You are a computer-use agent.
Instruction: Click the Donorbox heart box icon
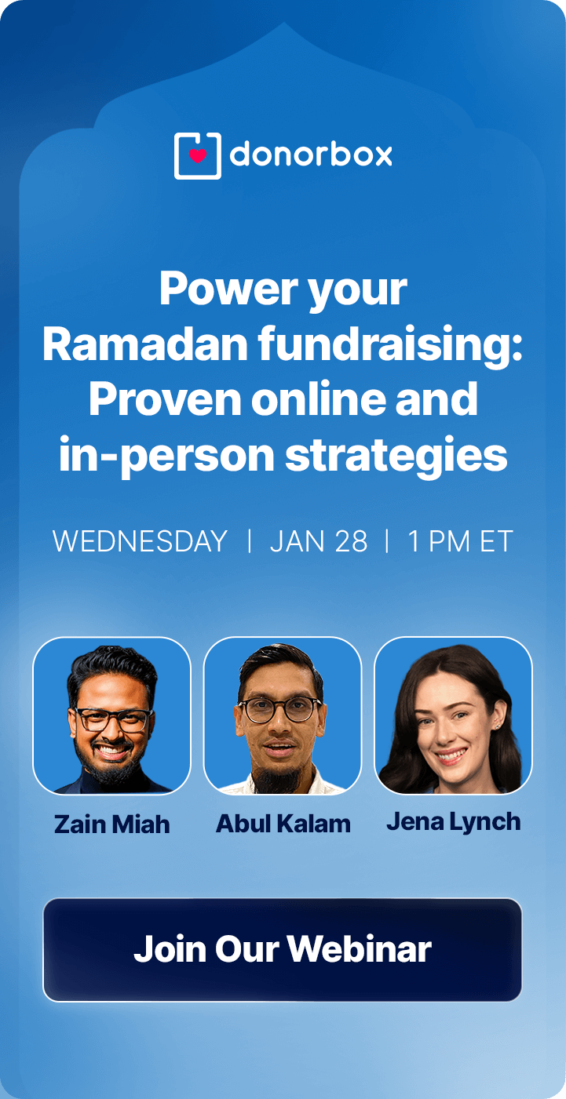click(x=197, y=155)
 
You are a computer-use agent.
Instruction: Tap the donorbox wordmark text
click(x=311, y=155)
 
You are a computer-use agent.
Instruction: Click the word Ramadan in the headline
click(x=126, y=345)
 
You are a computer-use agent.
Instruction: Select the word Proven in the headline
click(x=163, y=399)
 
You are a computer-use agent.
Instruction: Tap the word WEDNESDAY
click(x=140, y=541)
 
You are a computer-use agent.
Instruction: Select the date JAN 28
click(x=319, y=541)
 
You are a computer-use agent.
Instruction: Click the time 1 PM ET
click(x=460, y=541)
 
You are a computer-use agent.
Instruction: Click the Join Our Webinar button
click(x=283, y=949)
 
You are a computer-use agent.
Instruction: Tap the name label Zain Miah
click(x=111, y=824)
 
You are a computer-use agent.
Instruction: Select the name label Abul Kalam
click(x=283, y=824)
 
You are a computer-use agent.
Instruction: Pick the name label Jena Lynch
click(x=454, y=821)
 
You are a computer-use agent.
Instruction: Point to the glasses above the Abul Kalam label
click(x=279, y=709)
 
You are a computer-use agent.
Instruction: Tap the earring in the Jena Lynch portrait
click(x=498, y=726)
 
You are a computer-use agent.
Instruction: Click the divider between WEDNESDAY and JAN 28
click(x=249, y=541)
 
